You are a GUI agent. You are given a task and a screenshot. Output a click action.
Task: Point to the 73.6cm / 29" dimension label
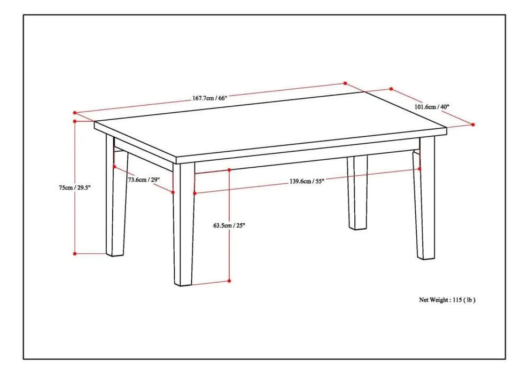(x=143, y=180)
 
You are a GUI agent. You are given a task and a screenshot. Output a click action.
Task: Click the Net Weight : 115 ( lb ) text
(x=447, y=300)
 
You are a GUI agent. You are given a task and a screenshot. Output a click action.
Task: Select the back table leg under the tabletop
(x=357, y=192)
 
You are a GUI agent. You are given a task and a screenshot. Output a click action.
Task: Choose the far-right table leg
(x=425, y=203)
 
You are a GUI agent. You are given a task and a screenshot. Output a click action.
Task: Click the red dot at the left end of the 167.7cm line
(x=75, y=113)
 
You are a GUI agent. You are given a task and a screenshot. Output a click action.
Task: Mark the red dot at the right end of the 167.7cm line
(x=345, y=83)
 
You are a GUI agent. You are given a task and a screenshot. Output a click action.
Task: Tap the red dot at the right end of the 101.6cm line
(x=473, y=124)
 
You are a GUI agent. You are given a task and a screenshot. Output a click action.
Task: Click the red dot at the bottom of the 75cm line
(x=75, y=253)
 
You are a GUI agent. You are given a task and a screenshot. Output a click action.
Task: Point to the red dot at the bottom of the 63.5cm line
(x=229, y=280)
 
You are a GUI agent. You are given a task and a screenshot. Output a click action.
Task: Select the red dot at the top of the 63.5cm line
(x=229, y=170)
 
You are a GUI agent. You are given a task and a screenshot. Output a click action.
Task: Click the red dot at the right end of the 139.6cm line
(x=419, y=169)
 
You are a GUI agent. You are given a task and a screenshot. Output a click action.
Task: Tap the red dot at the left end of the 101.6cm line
(x=391, y=89)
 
